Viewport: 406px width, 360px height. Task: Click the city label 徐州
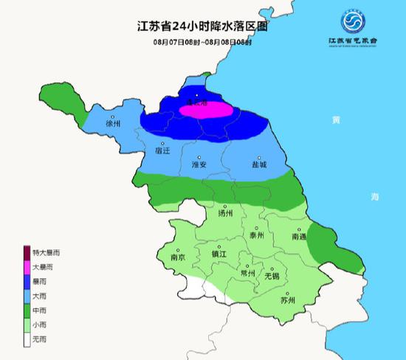pyautogui.click(x=113, y=123)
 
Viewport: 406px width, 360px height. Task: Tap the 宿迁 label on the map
pyautogui.click(x=162, y=150)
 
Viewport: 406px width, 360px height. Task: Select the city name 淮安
pyautogui.click(x=199, y=164)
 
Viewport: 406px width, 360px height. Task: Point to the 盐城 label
pyautogui.click(x=258, y=164)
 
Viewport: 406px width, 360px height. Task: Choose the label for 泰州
pyautogui.click(x=256, y=236)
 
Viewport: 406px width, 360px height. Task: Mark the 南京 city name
pyautogui.click(x=178, y=257)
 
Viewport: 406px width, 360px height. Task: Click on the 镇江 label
pyautogui.click(x=219, y=253)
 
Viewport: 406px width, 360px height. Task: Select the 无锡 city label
pyautogui.click(x=272, y=276)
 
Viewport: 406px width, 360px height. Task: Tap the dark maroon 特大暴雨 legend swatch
pyautogui.click(x=27, y=252)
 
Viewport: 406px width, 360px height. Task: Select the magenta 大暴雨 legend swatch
pyautogui.click(x=27, y=266)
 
